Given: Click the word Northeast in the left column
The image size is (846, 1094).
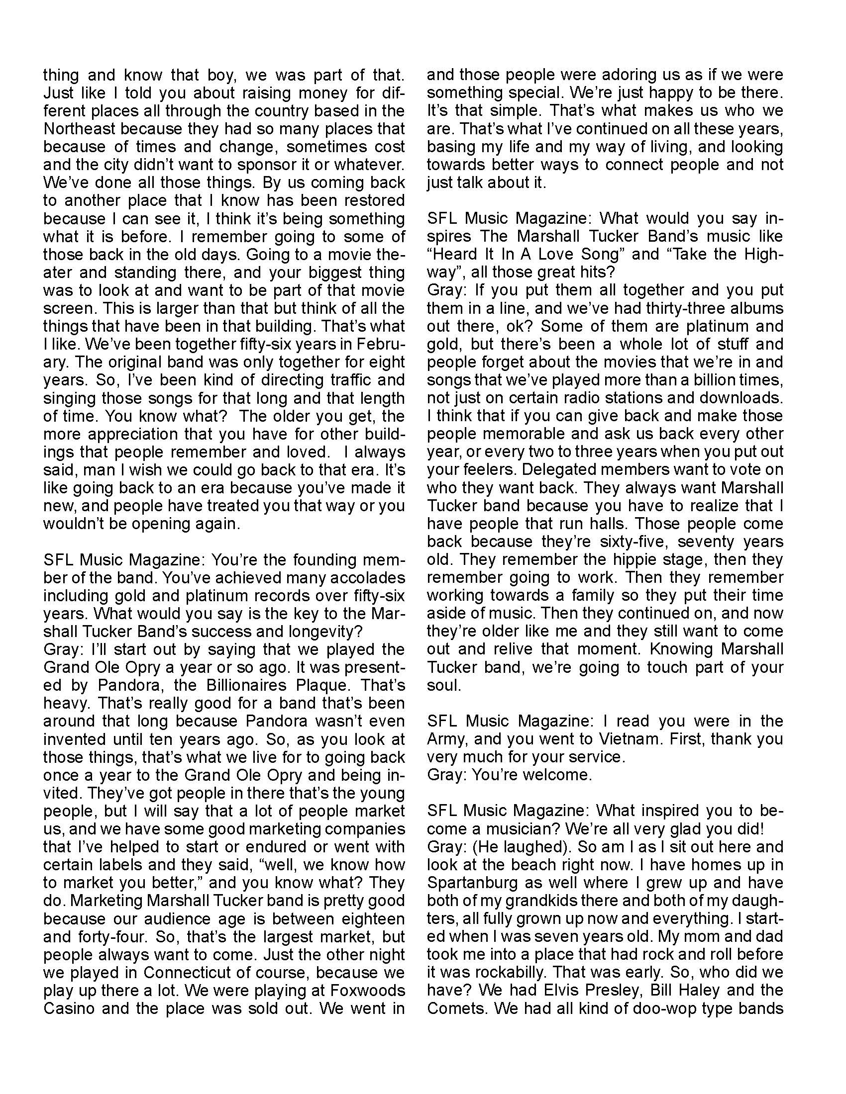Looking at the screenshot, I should click(80, 129).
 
